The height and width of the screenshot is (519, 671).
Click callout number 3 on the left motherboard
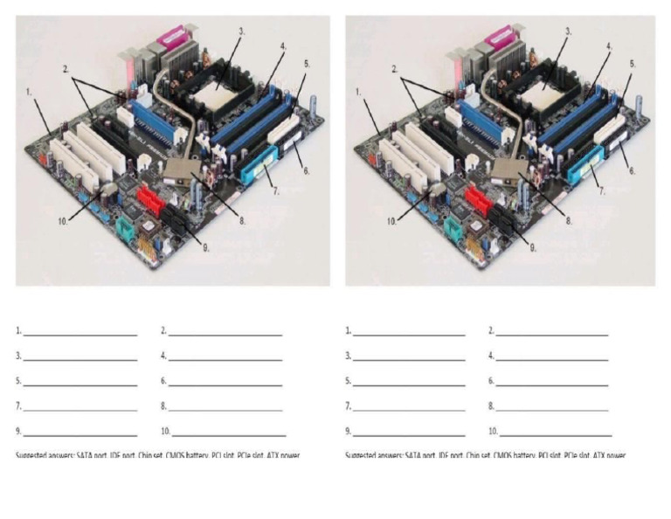(x=242, y=31)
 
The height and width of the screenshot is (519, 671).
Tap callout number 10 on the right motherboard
(x=393, y=222)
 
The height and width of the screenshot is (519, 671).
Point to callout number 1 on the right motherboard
(x=357, y=91)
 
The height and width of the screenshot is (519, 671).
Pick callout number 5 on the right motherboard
(x=632, y=65)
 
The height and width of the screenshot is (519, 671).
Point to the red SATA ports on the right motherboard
(x=479, y=200)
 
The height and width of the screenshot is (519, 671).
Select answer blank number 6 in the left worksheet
(x=225, y=384)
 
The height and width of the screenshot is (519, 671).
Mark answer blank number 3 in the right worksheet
(x=409, y=358)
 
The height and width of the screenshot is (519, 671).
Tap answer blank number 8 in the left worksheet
(x=225, y=408)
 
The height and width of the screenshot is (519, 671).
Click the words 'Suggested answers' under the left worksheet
(x=45, y=455)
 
